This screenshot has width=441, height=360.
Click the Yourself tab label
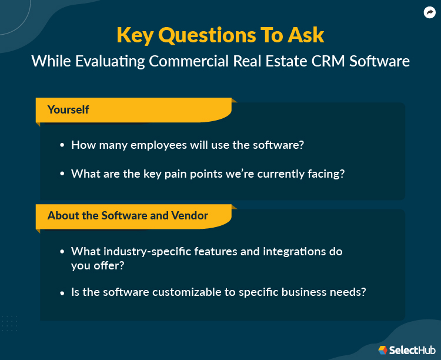[x=68, y=109]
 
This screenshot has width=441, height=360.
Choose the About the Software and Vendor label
[x=128, y=215]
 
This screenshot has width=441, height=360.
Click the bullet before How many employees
[x=62, y=145]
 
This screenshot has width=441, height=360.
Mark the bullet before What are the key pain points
[x=62, y=174]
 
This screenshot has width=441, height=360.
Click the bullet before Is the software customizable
[x=62, y=292]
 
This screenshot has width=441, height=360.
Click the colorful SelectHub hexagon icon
[x=383, y=350]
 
